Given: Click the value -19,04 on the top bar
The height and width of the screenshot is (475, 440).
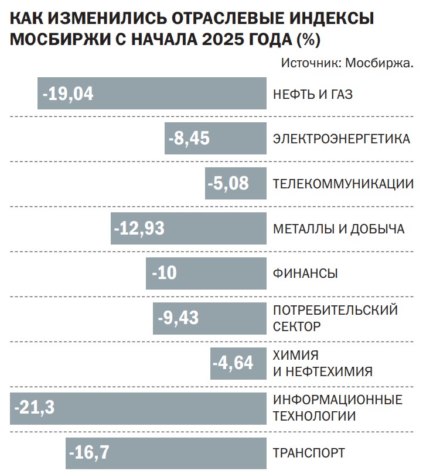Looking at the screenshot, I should click(68, 94).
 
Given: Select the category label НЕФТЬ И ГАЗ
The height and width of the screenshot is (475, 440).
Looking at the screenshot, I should click(313, 94).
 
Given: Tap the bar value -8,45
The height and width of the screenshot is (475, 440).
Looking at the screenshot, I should click(189, 139).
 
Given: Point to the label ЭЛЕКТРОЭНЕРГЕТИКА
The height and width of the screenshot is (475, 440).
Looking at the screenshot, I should click(342, 139).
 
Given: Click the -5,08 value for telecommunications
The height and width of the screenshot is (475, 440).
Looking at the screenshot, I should click(228, 184).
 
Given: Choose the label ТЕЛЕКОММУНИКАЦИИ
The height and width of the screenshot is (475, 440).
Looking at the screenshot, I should click(343, 184).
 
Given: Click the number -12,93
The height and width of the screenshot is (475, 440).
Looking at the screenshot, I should click(139, 229).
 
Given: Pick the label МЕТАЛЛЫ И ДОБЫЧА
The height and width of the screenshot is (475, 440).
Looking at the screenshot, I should click(339, 229).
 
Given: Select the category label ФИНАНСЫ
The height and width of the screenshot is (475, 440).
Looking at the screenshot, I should click(305, 274).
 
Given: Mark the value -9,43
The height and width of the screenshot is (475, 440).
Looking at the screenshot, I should click(178, 318).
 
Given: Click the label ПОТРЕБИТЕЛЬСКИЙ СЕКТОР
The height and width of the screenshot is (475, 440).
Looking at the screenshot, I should click(335, 318).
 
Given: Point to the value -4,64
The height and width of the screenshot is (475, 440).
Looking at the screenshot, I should click(233, 363).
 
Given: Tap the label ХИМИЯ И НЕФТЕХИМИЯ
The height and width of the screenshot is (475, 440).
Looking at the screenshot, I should click(322, 363).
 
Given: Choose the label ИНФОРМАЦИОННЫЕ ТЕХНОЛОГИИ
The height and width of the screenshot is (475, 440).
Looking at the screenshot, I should click(337, 408).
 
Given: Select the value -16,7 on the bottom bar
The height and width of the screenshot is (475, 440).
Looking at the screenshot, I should click(89, 452).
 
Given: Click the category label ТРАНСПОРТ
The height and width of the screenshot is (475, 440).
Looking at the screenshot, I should click(309, 453).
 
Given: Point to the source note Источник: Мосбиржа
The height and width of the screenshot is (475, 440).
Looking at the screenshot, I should click(347, 63).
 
